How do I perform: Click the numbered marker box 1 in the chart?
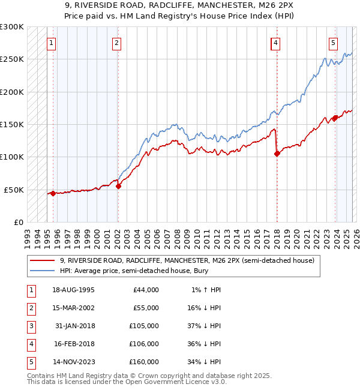(52, 43)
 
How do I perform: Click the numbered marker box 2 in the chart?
(116, 43)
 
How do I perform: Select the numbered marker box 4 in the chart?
(275, 43)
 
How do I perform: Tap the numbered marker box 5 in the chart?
(333, 43)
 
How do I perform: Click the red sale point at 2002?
(118, 186)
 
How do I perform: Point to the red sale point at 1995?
(53, 193)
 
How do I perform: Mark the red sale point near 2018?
(277, 154)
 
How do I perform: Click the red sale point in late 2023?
(334, 118)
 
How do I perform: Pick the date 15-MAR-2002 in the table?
(73, 308)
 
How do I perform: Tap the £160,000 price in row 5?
(144, 362)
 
